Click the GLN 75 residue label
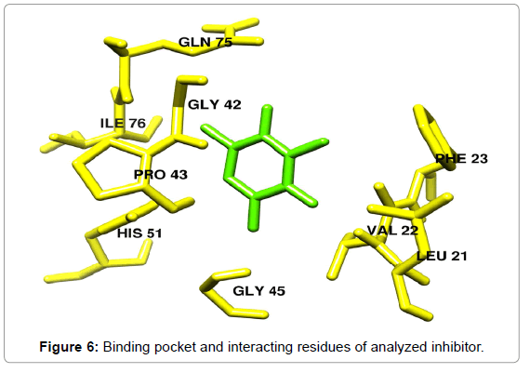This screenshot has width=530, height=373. point(205,42)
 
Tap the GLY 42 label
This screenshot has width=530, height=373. point(215,104)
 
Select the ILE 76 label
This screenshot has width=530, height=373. point(123,123)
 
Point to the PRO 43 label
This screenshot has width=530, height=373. point(161,175)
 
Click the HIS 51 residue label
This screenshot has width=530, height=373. point(139,233)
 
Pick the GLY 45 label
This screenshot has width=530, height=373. point(258,291)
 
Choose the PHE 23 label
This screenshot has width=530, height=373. point(461,159)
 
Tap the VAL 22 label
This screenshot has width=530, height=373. point(392,231)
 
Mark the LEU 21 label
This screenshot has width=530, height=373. point(442,256)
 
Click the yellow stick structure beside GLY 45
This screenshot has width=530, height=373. point(225,292)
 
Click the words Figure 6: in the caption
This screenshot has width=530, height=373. point(69,347)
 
